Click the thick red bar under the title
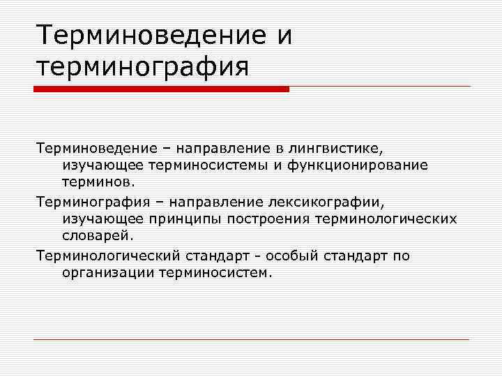tap(161, 89)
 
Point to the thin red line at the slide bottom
tap(251, 340)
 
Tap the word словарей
tap(93, 236)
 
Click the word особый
tap(291, 256)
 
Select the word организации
tap(104, 273)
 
